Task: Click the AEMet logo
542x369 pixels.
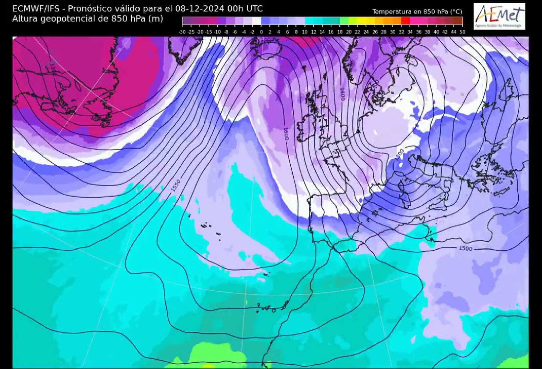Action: pyautogui.click(x=499, y=16)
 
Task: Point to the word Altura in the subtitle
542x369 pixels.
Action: pyautogui.click(x=25, y=19)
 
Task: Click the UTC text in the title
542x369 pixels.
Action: pyautogui.click(x=254, y=8)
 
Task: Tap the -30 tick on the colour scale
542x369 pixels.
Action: pyautogui.click(x=182, y=32)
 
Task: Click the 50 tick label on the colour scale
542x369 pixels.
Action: pyautogui.click(x=462, y=32)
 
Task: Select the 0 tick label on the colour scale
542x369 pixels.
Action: pyautogui.click(x=261, y=32)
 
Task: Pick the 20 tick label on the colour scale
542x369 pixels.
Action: pyautogui.click(x=349, y=32)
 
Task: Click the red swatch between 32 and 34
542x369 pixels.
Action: pyautogui.click(x=405, y=21)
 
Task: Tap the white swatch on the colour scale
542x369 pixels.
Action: pyautogui.click(x=256, y=21)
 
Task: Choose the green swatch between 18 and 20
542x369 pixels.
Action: pyautogui.click(x=344, y=21)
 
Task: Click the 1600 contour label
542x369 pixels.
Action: pyautogui.click(x=285, y=134)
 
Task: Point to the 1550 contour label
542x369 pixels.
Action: pyautogui.click(x=176, y=186)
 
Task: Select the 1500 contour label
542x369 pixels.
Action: pyautogui.click(x=465, y=248)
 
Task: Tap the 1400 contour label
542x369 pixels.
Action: pyautogui.click(x=342, y=94)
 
